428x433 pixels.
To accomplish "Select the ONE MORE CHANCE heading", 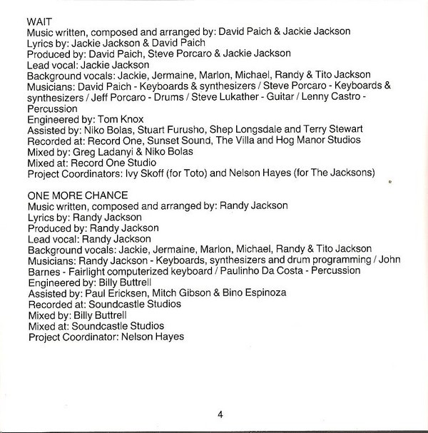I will (77, 195).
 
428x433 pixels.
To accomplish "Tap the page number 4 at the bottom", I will (220, 414).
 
